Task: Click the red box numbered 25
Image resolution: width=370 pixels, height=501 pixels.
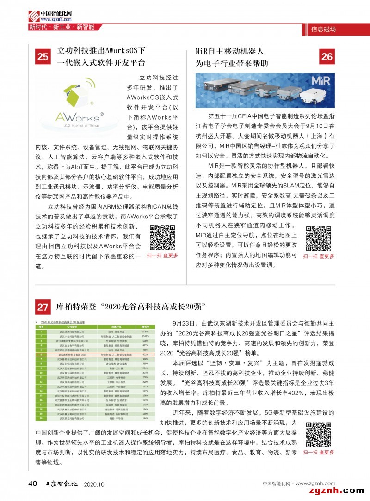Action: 43,57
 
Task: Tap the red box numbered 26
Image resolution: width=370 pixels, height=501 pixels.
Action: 327,56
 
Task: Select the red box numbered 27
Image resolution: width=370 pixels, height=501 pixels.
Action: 43,307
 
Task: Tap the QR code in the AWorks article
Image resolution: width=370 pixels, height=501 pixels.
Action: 162,236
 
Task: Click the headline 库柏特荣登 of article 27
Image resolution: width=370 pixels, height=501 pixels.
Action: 130,307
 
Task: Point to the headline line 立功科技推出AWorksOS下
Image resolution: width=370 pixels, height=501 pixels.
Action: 101,51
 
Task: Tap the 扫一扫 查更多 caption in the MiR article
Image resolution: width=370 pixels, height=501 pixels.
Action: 318,256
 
